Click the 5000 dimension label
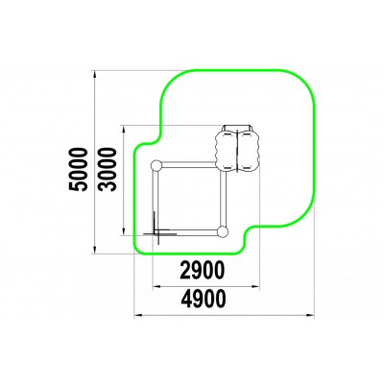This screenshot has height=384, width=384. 79,169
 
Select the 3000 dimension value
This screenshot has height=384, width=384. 107,169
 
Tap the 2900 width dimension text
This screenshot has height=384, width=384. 202,271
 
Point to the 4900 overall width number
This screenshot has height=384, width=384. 204,299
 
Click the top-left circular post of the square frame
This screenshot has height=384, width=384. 156,165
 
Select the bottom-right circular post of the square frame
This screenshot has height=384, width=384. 223,231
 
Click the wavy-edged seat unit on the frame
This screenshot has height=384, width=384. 237,149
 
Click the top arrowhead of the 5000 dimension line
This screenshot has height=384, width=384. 94,74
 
